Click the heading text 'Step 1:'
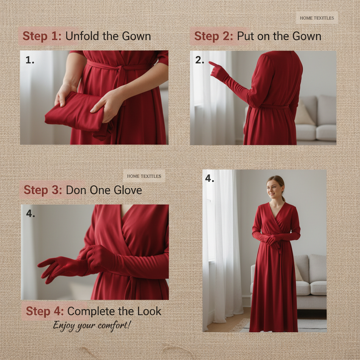coord(42,36)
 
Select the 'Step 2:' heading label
coord(213,36)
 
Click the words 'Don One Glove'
coord(104,190)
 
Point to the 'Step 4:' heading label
coord(45,311)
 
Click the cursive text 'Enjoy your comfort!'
coord(92,325)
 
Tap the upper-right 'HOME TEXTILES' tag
coord(317,18)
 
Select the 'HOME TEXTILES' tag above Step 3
coord(144,176)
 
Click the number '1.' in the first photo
coord(30,60)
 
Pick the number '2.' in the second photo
coord(199,60)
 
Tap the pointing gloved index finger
coord(212,64)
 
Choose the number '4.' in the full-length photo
coord(210,179)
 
